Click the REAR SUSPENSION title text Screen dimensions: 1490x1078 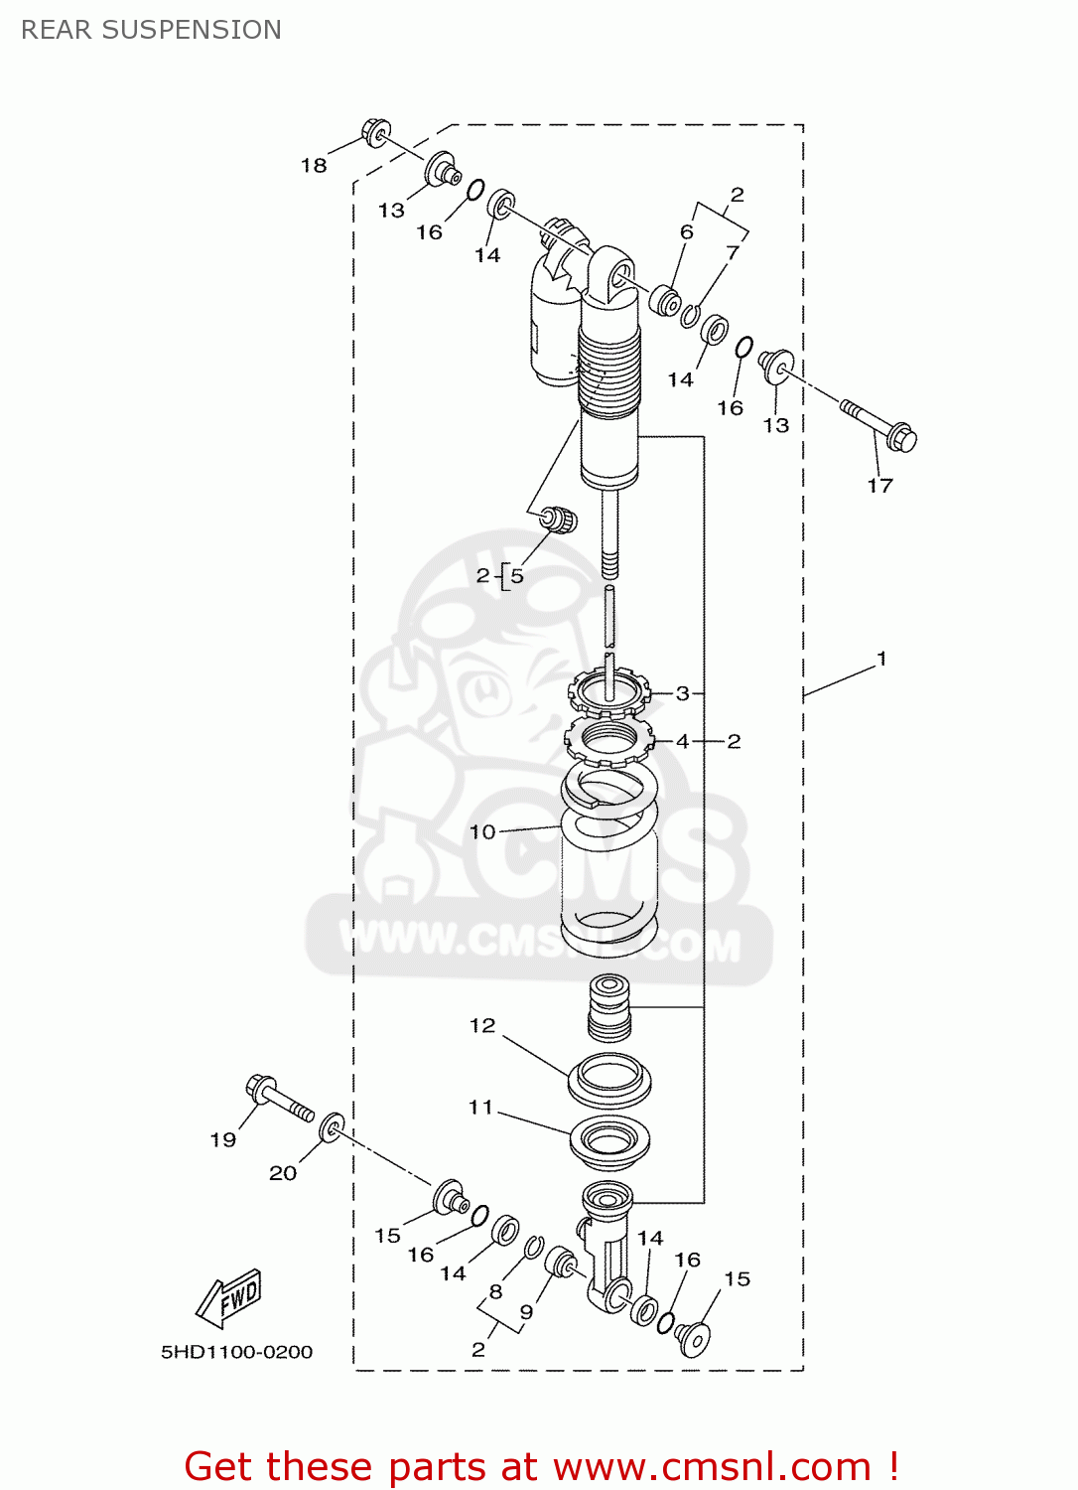coord(151,30)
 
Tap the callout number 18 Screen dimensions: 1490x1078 coord(314,166)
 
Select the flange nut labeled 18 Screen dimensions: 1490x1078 coord(376,132)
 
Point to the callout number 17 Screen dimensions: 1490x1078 coord(880,486)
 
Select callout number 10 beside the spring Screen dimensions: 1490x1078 coord(482,832)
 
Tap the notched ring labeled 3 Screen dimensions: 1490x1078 coord(608,690)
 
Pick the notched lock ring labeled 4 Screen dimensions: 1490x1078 coord(608,740)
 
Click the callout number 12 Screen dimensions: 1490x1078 coord(482,1025)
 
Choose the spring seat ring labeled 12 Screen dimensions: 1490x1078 coord(609,1079)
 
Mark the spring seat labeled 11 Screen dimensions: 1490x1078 coord(609,1141)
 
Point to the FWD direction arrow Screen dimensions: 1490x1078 coord(230,1298)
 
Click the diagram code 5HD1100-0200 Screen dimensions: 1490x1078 coord(236,1352)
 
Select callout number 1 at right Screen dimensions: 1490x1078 coord(881,659)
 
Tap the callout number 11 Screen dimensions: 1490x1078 coord(480,1107)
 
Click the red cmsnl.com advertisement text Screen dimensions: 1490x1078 coord(541,1466)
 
